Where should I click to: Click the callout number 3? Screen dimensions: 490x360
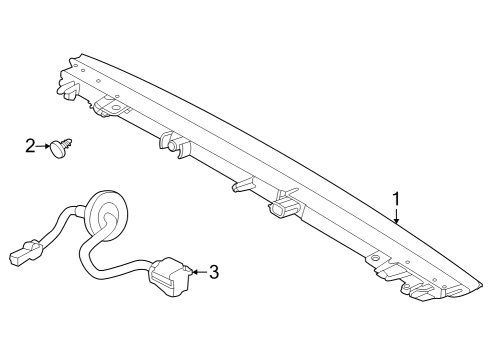pyautogui.click(x=213, y=270)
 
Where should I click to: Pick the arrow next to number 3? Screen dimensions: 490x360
pyautogui.click(x=197, y=270)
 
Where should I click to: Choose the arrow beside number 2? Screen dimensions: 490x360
pyautogui.click(x=49, y=148)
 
